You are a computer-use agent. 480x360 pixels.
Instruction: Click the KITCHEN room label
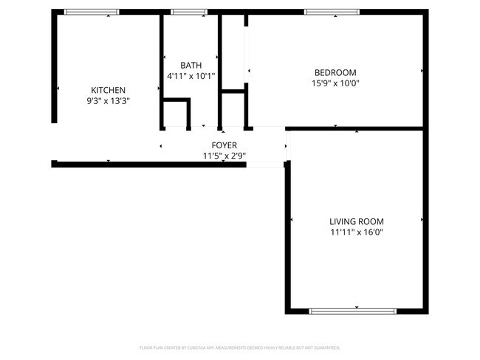click(x=108, y=90)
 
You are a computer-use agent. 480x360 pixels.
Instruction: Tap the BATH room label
click(x=191, y=65)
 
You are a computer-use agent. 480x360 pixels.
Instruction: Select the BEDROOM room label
click(x=335, y=72)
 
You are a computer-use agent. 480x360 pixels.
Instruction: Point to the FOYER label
click(x=224, y=145)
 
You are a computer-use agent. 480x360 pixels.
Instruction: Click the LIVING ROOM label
click(x=356, y=221)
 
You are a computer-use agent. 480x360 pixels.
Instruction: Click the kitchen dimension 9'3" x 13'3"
click(x=108, y=101)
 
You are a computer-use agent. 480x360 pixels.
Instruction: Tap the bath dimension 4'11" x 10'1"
click(x=191, y=76)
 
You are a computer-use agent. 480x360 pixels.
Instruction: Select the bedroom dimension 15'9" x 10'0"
click(x=335, y=83)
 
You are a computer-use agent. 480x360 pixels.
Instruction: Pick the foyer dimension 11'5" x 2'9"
click(x=224, y=156)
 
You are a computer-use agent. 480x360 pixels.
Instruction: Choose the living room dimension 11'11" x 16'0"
click(x=356, y=232)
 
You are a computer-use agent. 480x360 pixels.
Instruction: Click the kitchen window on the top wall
click(x=92, y=12)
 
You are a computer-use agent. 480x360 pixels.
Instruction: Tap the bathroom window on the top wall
click(x=189, y=12)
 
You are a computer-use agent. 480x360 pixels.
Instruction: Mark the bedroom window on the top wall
click(x=332, y=12)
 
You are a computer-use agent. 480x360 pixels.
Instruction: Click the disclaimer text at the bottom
click(x=240, y=347)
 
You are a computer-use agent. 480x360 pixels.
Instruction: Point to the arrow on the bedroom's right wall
click(x=422, y=71)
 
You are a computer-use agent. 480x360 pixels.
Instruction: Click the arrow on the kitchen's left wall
click(x=58, y=89)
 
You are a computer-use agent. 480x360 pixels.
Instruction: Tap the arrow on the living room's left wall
click(x=293, y=220)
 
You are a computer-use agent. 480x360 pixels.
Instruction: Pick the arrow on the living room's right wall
click(x=422, y=220)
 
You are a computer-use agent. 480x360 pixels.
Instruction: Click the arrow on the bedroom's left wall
click(x=250, y=71)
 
